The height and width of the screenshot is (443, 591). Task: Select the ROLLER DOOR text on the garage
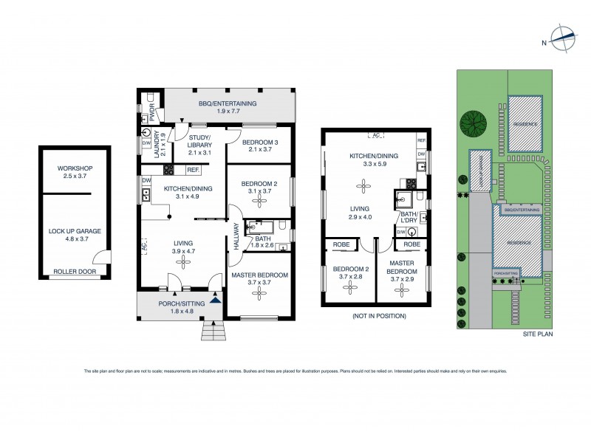[x=75, y=271]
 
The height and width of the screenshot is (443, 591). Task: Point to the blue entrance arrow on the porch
[x=215, y=300]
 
